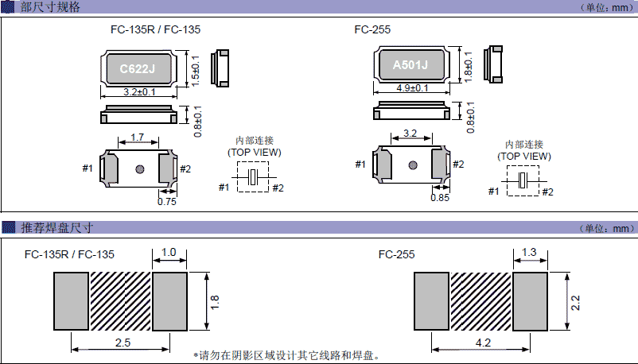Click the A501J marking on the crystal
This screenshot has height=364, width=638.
[x=410, y=65]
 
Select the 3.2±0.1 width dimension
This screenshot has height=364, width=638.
[x=138, y=93]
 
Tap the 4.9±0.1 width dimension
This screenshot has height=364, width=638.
[x=410, y=88]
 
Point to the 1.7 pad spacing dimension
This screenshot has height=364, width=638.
[x=137, y=137]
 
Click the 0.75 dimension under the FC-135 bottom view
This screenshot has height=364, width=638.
[x=167, y=202]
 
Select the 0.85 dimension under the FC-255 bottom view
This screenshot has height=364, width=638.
[x=439, y=198]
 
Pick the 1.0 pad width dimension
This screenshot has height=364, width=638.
[x=169, y=252]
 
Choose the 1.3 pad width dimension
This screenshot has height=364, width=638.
[x=530, y=252]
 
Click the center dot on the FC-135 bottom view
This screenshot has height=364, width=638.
[x=140, y=168]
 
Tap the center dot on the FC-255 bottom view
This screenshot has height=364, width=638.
[x=412, y=165]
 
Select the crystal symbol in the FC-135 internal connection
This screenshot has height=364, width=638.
[x=254, y=177]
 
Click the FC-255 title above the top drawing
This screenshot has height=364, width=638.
[x=372, y=29]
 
